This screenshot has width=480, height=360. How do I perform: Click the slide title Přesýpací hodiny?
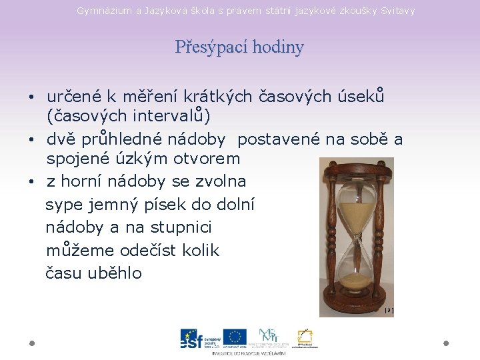239,47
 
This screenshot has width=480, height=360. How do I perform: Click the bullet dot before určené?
32,97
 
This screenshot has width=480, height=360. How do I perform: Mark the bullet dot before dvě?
32,140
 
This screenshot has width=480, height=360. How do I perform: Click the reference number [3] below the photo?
389,311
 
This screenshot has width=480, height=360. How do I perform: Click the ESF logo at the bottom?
197,339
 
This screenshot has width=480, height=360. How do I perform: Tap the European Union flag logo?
235,337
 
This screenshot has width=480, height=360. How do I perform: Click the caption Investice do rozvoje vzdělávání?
249,353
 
